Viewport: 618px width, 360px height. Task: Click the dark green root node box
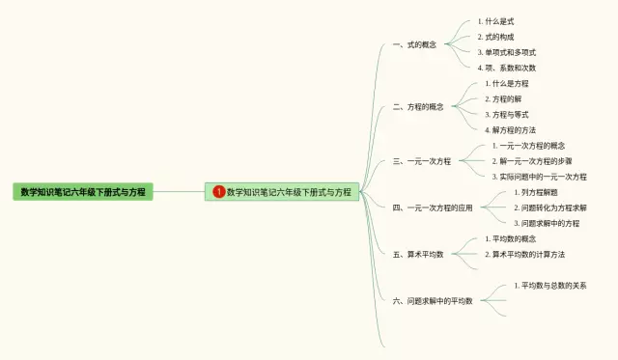tap(83, 192)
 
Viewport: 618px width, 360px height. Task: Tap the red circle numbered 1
tap(219, 192)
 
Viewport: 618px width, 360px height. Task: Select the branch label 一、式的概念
tap(414, 44)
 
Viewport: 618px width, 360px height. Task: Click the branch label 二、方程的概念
tap(418, 107)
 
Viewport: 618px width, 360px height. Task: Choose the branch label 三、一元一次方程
tap(422, 161)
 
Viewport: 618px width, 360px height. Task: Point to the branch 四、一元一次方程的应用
tap(433, 208)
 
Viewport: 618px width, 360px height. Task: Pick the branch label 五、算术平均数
tap(418, 255)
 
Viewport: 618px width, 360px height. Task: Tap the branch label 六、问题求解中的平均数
tap(433, 301)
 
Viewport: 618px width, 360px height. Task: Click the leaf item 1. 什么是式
tap(495, 21)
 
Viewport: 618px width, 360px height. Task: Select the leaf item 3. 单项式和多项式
tap(506, 52)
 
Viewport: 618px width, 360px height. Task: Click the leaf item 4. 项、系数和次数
tap(506, 68)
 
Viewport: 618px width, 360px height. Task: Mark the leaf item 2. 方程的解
tap(503, 98)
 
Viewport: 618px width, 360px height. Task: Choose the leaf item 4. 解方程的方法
tap(510, 130)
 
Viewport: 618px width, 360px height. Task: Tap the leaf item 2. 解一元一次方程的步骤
tap(532, 161)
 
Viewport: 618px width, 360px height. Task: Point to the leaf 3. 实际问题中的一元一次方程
tap(539, 177)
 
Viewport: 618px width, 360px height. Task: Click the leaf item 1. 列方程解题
tap(536, 192)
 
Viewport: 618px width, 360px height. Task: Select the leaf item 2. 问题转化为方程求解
tap(550, 208)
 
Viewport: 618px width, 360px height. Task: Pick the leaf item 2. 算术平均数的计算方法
tap(524, 255)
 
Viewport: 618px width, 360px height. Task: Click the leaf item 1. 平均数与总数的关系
tap(550, 285)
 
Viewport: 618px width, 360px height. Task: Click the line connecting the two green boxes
tap(179, 192)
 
